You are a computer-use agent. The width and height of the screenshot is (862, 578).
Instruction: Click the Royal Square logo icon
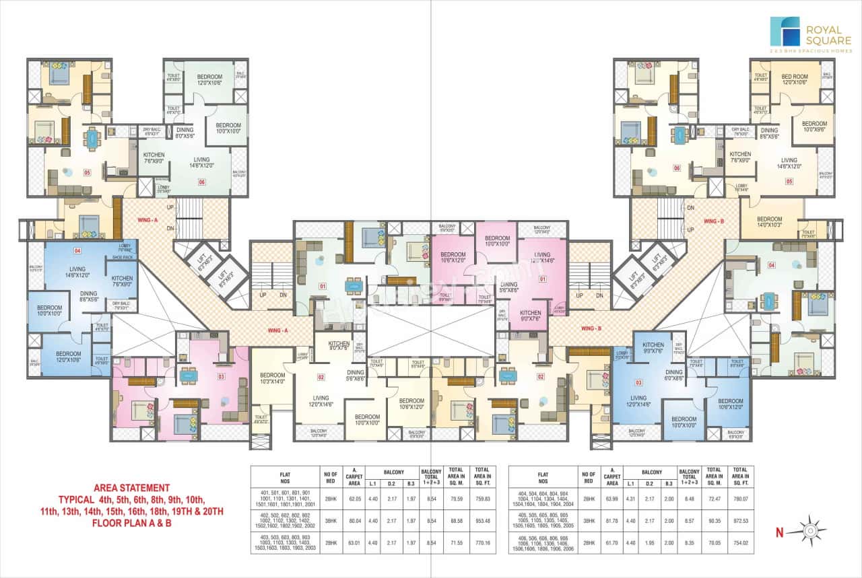[x=785, y=32]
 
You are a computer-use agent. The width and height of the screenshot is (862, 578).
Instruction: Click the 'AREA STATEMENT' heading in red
[x=131, y=487]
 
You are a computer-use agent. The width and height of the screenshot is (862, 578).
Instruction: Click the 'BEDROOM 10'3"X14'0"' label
[x=272, y=378]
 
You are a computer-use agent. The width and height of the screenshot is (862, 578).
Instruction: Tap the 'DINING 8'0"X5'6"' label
[x=185, y=133]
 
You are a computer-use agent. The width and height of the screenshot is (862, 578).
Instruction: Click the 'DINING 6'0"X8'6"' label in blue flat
[x=673, y=375]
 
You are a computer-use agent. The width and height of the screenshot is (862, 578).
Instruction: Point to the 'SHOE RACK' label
[x=123, y=256]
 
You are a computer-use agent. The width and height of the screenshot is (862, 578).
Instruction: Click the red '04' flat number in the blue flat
[x=77, y=251]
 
